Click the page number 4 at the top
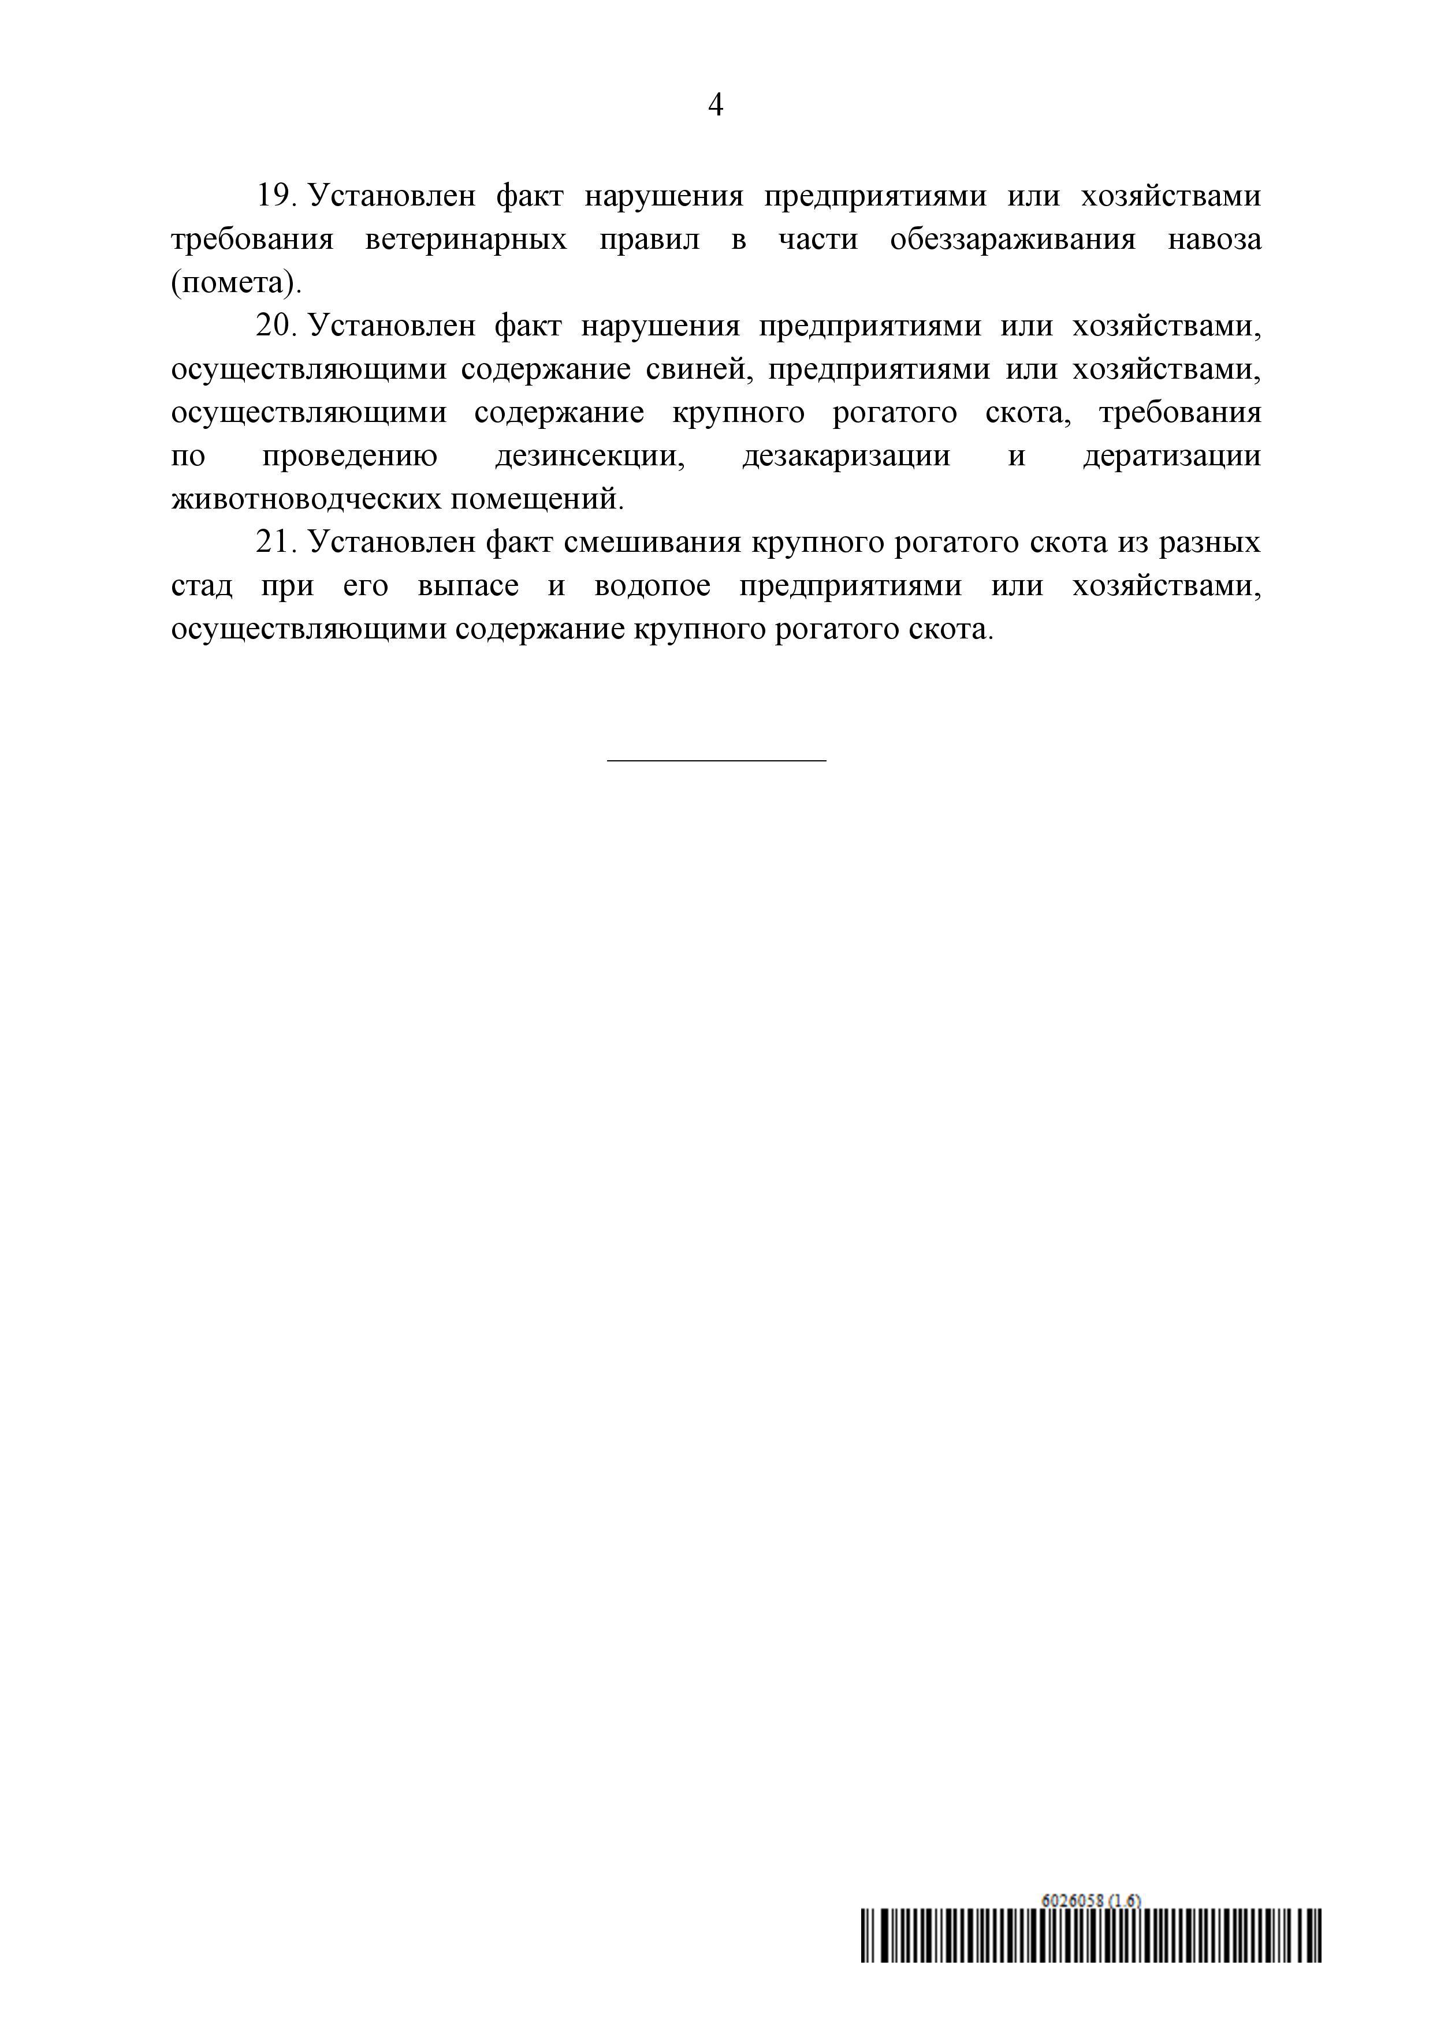tap(716, 105)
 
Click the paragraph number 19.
tap(276, 195)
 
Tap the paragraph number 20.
tap(276, 326)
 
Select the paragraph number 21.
tap(276, 541)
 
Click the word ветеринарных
tap(466, 239)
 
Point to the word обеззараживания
tap(1013, 239)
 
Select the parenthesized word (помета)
tap(236, 282)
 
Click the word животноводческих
tap(307, 499)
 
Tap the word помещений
tap(537, 499)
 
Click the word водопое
tap(652, 586)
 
